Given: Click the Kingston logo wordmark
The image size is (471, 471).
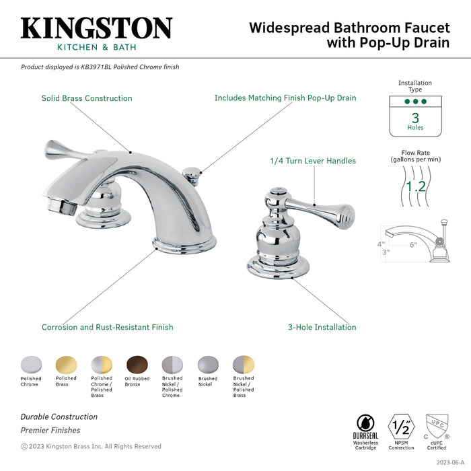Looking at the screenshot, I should [x=96, y=28].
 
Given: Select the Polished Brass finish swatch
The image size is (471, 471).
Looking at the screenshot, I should [x=66, y=364].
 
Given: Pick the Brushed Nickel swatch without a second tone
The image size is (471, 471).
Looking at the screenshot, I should [x=207, y=364].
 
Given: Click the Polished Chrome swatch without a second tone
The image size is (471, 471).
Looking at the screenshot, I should [x=30, y=364].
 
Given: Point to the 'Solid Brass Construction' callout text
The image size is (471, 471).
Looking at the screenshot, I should [x=87, y=98].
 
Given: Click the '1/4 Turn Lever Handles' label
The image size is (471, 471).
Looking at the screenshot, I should [x=313, y=161].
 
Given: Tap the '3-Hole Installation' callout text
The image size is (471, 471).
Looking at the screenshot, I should [x=322, y=328].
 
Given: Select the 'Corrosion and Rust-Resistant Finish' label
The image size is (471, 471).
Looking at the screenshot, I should [x=107, y=328].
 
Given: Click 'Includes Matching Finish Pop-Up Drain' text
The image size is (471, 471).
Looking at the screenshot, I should [x=285, y=98].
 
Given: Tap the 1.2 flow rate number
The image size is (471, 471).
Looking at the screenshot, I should [x=415, y=185].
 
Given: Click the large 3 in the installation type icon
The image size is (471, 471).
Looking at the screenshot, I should [x=415, y=117].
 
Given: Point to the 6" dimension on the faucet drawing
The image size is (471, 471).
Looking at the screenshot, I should [x=412, y=244].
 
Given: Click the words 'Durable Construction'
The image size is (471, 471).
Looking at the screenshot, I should [x=59, y=416].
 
